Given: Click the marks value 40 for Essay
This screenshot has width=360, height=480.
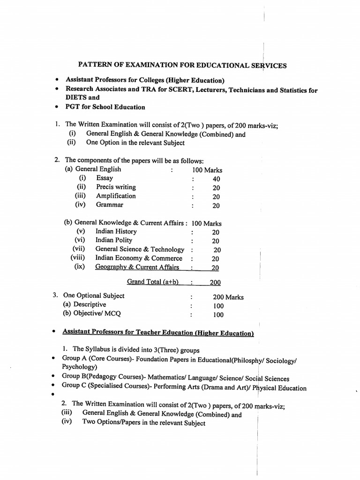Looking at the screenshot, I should (x=216, y=179).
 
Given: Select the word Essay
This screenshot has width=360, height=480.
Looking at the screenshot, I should (x=105, y=178).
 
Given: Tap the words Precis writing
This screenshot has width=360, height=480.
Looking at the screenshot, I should (x=116, y=187).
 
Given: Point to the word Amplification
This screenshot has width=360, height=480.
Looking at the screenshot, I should (x=116, y=196).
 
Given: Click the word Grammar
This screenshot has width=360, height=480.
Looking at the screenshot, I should (x=110, y=205).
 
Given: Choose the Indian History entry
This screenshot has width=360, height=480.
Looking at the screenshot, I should (x=116, y=232).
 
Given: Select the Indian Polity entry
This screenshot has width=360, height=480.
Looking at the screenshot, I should (x=113, y=240).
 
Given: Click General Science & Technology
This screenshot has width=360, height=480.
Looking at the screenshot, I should (x=140, y=249).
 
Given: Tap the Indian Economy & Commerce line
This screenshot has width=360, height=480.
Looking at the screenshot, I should (x=139, y=258).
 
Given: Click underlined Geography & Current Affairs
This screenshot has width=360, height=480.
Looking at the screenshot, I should (x=137, y=267).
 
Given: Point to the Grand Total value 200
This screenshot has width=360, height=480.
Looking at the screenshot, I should (x=215, y=282).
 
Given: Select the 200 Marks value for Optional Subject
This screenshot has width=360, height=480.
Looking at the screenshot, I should (x=228, y=297).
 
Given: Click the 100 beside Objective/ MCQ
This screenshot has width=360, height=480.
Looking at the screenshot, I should (x=218, y=315).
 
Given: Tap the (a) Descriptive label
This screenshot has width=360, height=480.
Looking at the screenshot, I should (x=84, y=305).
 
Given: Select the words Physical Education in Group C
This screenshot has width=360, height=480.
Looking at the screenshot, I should (x=279, y=388).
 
